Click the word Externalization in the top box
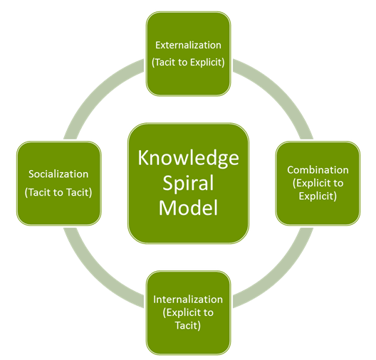(188, 46)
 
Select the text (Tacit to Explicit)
(188, 62)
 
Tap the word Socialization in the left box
(58, 174)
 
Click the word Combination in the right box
(318, 170)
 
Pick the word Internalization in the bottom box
(188, 299)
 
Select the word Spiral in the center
(188, 184)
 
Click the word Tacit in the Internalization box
(188, 325)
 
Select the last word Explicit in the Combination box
(318, 196)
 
